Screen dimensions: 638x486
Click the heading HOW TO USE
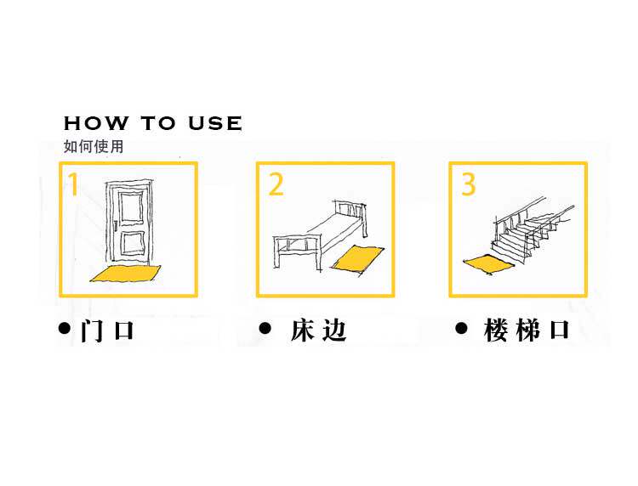(x=153, y=123)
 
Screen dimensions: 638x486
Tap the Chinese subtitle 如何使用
(x=94, y=146)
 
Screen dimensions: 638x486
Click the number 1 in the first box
(x=74, y=184)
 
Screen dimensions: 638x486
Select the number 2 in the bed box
(x=276, y=184)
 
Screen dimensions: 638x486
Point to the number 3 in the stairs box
(x=469, y=184)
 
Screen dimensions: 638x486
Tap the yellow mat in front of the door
(x=126, y=273)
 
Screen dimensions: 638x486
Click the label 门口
(x=108, y=330)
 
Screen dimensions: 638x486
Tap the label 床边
(x=318, y=330)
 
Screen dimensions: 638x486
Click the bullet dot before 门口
(x=64, y=328)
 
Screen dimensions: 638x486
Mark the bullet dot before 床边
(x=265, y=328)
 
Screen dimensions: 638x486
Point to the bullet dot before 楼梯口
(x=462, y=328)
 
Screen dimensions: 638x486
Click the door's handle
(x=113, y=226)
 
